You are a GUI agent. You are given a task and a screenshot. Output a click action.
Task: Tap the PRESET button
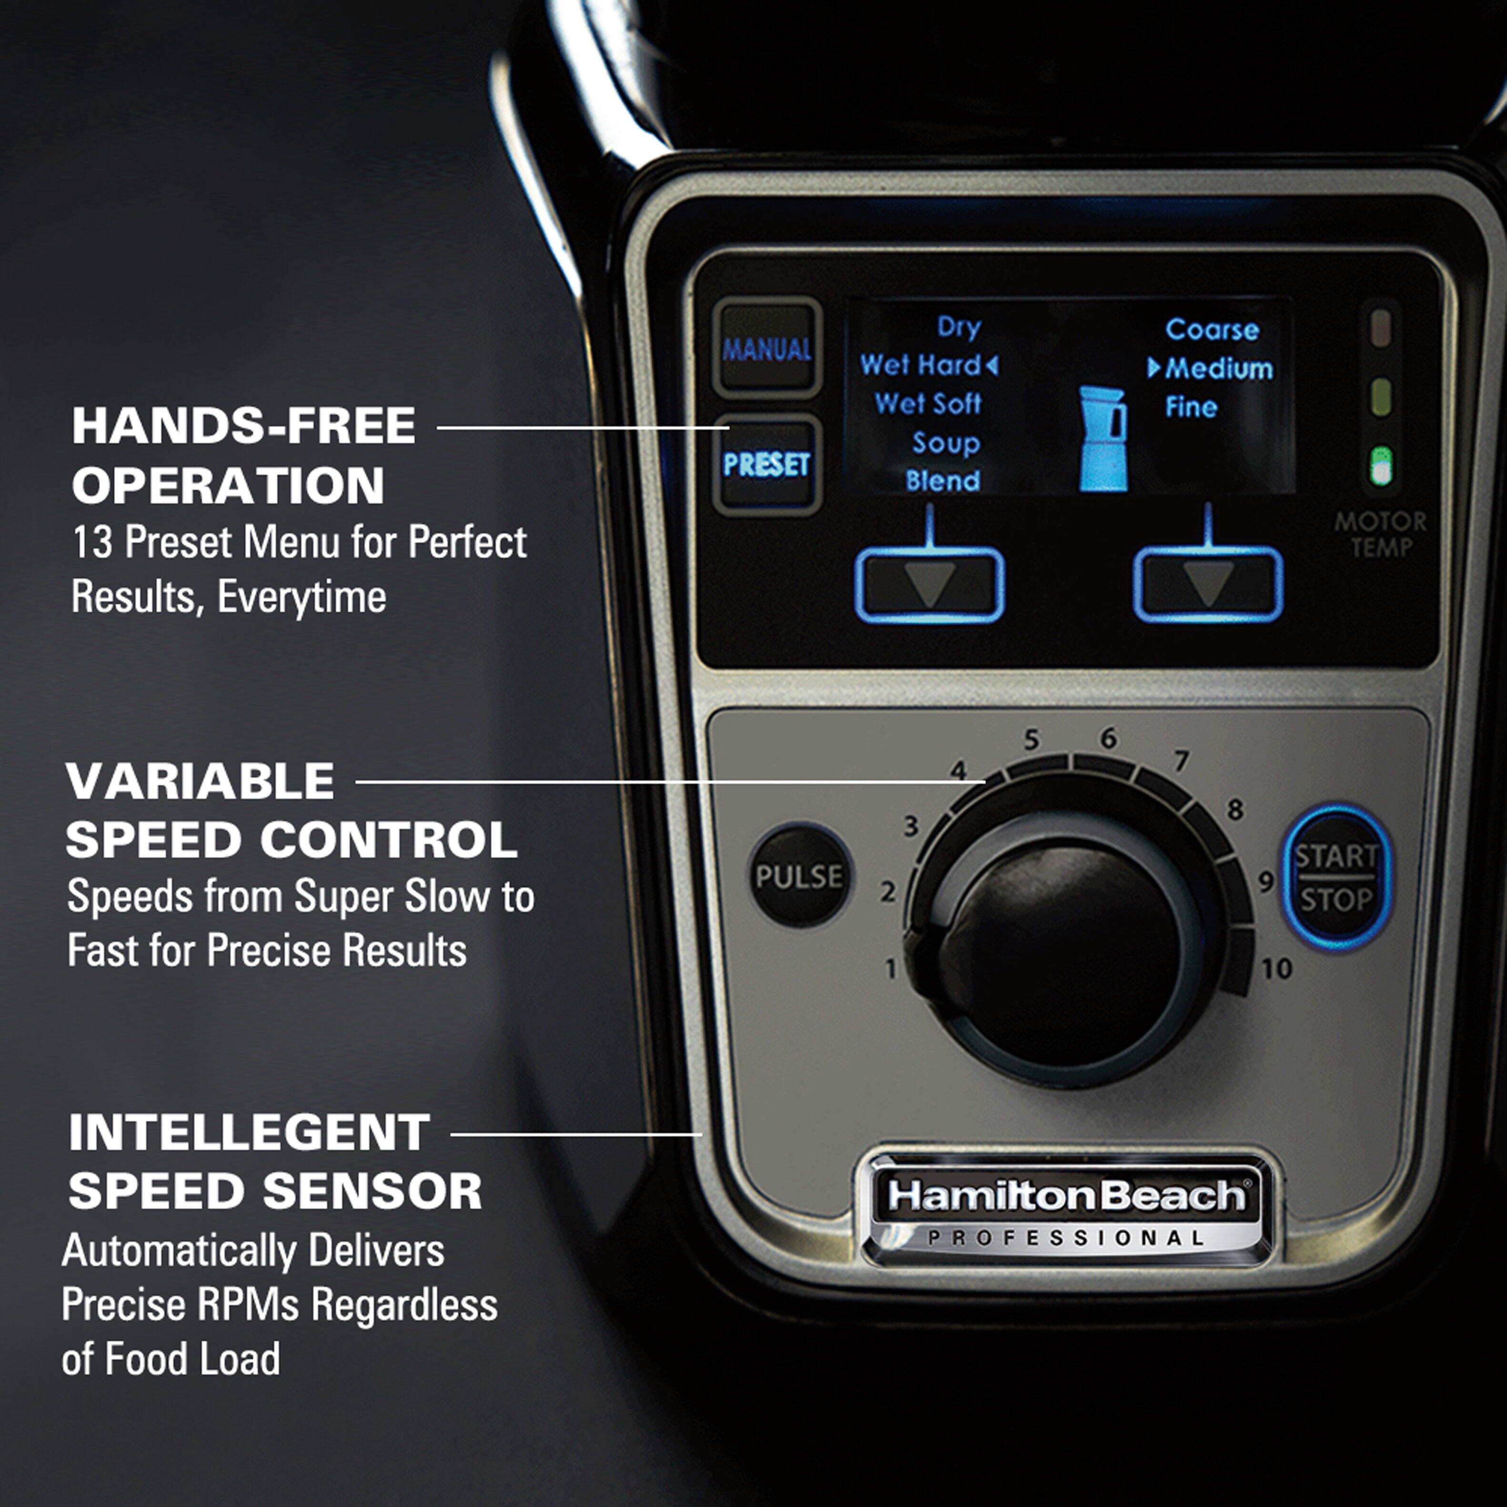(766, 465)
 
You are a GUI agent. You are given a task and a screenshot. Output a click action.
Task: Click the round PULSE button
(799, 876)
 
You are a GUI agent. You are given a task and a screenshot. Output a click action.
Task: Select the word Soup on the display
(945, 443)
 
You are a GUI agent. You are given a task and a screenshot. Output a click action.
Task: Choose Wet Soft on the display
(928, 404)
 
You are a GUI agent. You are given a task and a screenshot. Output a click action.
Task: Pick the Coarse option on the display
(1212, 330)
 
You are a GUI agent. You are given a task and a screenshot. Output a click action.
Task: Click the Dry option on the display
(959, 327)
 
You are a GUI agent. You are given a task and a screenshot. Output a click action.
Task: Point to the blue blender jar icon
(1103, 439)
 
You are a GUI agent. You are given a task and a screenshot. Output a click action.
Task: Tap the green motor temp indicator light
(1381, 466)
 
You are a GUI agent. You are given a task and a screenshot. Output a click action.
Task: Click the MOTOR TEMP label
(1380, 534)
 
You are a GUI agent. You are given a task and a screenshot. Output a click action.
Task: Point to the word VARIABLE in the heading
(201, 781)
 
